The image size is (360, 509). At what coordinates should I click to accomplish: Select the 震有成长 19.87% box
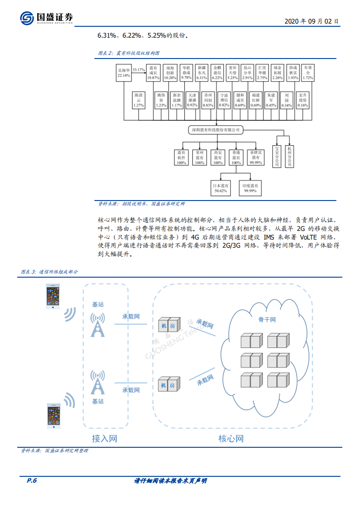click(153, 73)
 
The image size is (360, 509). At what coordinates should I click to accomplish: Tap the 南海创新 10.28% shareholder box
click(170, 73)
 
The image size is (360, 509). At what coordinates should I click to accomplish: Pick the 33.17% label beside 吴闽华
click(138, 70)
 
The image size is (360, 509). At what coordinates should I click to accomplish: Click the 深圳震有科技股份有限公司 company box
click(215, 130)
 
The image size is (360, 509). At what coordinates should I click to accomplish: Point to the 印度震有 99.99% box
click(250, 189)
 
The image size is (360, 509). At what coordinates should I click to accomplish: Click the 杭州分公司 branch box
click(290, 157)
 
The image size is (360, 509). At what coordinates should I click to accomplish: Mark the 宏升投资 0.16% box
click(302, 100)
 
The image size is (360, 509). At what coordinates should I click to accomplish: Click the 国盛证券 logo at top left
click(46, 18)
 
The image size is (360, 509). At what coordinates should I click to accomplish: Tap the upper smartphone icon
click(54, 297)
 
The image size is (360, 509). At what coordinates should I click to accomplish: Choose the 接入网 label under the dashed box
click(104, 439)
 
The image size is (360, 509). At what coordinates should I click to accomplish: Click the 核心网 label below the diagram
click(231, 439)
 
